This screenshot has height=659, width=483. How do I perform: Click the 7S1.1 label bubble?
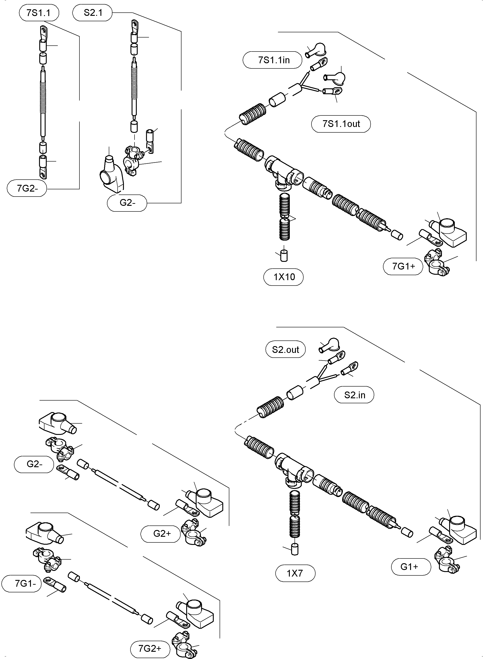(39, 13)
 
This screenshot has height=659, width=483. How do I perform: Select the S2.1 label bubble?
(92, 13)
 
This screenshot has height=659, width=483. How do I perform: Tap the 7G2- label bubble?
(27, 188)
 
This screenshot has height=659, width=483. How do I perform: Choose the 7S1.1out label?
(341, 124)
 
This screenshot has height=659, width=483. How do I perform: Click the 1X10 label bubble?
(284, 277)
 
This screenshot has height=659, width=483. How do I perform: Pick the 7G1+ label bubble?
(403, 266)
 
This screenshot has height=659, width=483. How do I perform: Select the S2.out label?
(285, 350)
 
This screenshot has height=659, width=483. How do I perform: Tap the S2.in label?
(354, 395)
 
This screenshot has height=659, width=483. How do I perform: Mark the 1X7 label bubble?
(295, 573)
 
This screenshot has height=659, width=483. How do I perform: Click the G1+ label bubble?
(411, 567)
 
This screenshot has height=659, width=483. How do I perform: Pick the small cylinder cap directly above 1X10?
(284, 256)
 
